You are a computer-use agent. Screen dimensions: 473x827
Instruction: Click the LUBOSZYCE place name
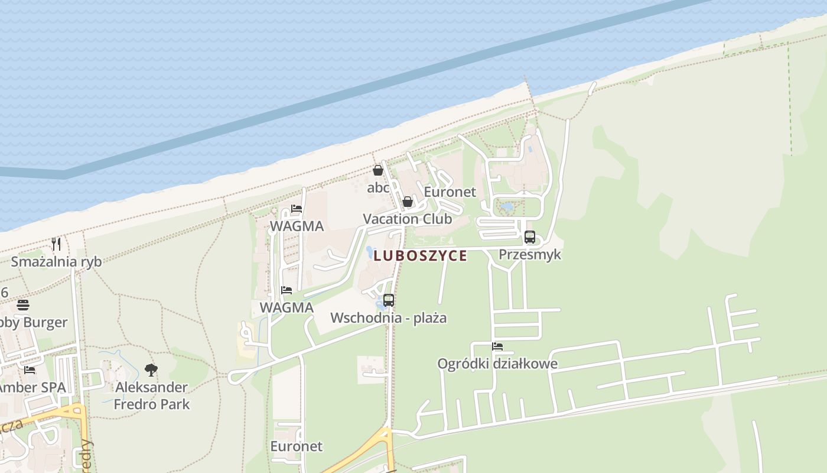(420, 256)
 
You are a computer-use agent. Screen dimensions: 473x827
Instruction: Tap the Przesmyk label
(529, 254)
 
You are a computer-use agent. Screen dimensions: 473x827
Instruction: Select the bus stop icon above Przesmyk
(529, 237)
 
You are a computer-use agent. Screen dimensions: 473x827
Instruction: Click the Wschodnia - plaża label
(388, 318)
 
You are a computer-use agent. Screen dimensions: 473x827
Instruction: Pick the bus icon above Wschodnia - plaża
(388, 300)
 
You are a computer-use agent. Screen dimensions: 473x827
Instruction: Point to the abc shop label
(378, 188)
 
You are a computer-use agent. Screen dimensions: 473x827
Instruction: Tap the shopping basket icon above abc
(378, 170)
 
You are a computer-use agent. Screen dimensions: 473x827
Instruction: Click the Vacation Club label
(407, 219)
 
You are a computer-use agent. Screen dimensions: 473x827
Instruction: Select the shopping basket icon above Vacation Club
(407, 202)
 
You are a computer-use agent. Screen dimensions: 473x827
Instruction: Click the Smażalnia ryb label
(56, 261)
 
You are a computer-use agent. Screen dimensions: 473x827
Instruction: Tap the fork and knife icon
(56, 244)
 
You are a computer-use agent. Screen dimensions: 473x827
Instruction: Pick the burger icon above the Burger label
(23, 305)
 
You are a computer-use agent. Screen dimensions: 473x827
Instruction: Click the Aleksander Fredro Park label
(151, 396)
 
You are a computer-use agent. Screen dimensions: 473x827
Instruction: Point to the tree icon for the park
(151, 370)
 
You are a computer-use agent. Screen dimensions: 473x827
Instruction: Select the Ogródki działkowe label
(497, 364)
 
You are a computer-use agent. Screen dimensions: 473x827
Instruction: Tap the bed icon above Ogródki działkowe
(497, 346)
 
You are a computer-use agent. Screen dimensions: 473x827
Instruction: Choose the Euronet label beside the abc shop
(450, 192)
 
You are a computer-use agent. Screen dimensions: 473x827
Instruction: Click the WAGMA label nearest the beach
(297, 226)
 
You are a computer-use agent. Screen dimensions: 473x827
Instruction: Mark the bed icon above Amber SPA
(30, 370)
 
